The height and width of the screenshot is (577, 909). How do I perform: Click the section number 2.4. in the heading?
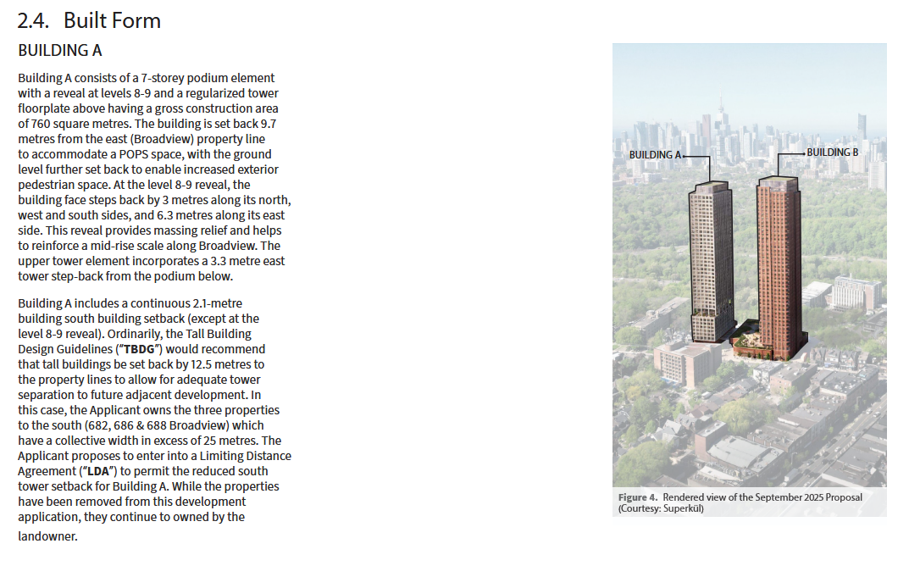(36, 20)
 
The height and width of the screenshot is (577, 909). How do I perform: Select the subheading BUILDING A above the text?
(59, 50)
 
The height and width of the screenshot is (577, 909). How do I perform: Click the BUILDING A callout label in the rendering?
(654, 156)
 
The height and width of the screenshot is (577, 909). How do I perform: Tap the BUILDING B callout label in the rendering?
(832, 153)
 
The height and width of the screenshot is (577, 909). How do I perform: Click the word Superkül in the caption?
(685, 508)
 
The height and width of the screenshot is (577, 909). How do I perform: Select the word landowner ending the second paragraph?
(47, 536)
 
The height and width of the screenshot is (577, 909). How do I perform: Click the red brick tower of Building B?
(778, 254)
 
